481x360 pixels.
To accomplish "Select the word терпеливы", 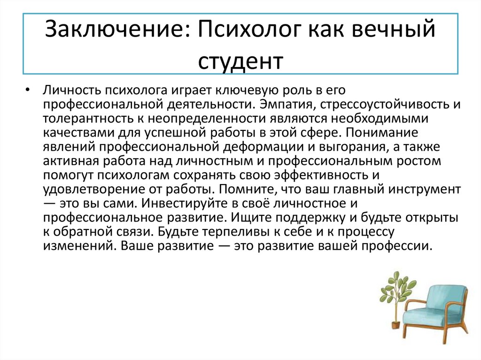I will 219,232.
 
